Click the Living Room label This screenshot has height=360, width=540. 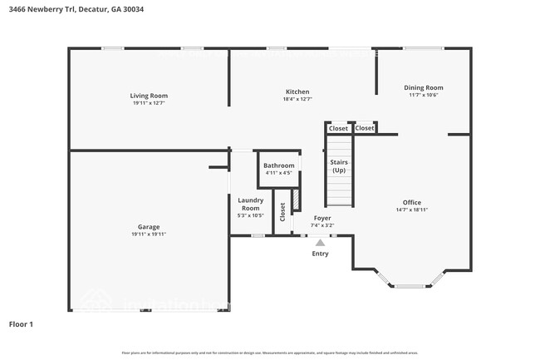click(x=149, y=96)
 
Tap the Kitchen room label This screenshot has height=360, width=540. click(x=297, y=91)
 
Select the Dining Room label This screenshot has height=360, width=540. click(x=423, y=87)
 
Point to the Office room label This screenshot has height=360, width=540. click(x=412, y=202)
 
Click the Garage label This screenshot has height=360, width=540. click(x=149, y=227)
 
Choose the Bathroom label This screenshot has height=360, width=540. click(x=278, y=165)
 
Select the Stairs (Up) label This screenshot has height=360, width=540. click(x=339, y=165)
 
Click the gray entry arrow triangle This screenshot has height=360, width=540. click(x=320, y=242)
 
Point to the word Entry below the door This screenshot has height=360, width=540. click(x=320, y=254)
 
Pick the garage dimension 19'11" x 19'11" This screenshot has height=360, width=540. click(x=149, y=234)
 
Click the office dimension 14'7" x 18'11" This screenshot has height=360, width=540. click(x=412, y=210)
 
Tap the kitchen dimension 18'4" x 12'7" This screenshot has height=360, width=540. click(x=297, y=99)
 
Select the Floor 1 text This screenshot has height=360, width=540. click(x=21, y=324)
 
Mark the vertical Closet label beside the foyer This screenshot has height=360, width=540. click(x=282, y=213)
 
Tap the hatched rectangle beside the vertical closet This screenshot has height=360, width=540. click(x=294, y=200)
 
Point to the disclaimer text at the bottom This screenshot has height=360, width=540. click(x=269, y=352)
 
